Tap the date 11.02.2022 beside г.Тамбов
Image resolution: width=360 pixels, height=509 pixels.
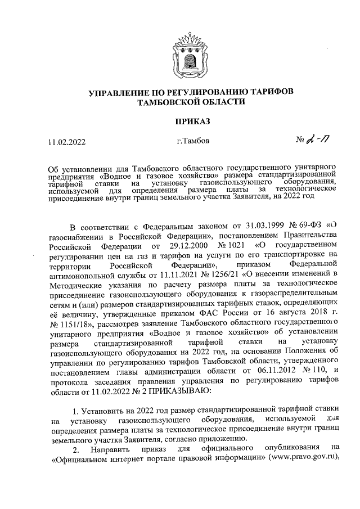pyautogui.click(x=66, y=142)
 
